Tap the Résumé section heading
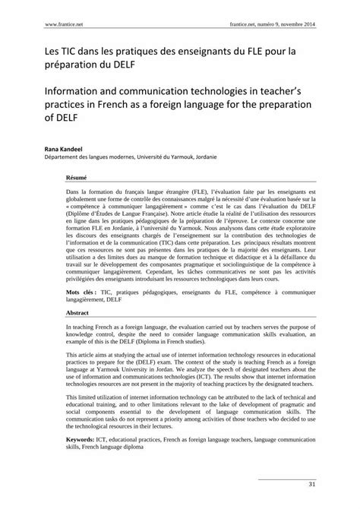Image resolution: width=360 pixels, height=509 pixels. coord(76,175)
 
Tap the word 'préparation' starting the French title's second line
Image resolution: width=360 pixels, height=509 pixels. coord(53,65)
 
